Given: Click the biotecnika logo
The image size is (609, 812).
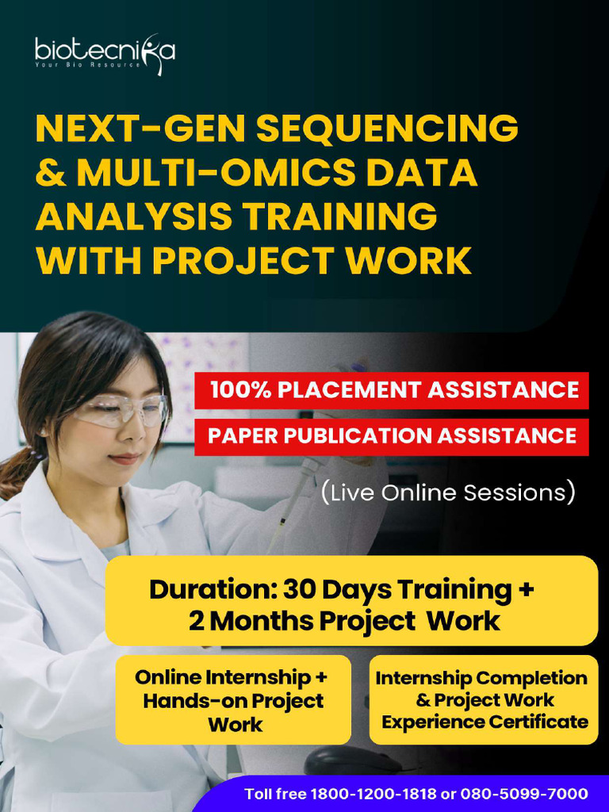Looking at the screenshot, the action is [105, 53].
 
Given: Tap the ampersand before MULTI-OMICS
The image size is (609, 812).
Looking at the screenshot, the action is [51, 172].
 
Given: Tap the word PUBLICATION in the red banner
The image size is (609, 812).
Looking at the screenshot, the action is [358, 435].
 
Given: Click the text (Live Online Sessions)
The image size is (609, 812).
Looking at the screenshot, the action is [448, 492].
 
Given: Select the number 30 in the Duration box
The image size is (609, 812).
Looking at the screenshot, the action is [298, 589].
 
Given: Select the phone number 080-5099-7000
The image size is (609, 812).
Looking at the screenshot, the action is [524, 793].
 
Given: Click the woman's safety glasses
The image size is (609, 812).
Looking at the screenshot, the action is [121, 410].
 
